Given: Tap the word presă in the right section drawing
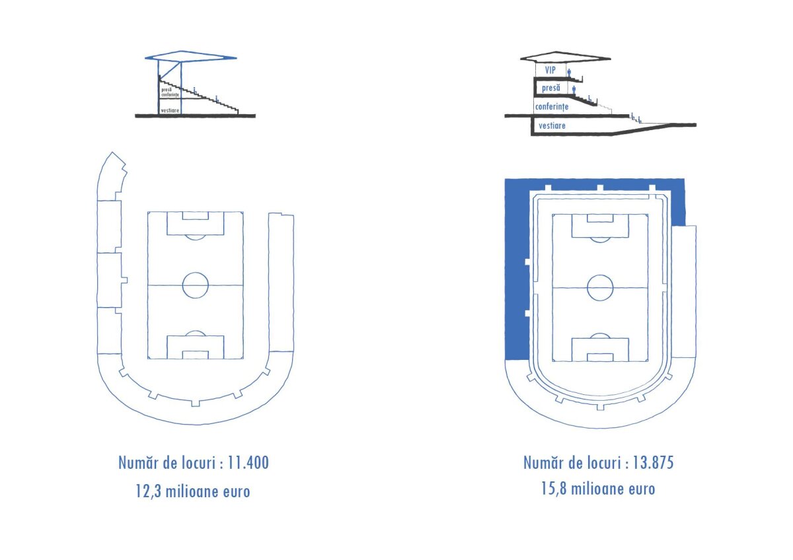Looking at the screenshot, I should (x=550, y=88).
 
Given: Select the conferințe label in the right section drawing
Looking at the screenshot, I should (x=552, y=106).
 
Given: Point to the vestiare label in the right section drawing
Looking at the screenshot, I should (x=552, y=125).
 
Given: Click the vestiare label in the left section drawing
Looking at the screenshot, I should (x=171, y=110).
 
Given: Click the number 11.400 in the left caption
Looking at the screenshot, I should (x=248, y=463).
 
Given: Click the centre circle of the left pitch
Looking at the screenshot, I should (x=195, y=285).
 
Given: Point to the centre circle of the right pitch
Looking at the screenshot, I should (x=600, y=288).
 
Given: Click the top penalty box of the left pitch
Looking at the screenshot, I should (x=195, y=224).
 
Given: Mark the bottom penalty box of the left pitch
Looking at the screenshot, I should (x=195, y=347).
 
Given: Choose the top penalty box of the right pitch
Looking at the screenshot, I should (x=600, y=227).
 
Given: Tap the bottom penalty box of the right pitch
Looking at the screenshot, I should (x=600, y=349).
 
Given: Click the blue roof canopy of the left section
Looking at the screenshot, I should (x=190, y=57).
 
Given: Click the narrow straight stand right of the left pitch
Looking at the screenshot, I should (x=281, y=284).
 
